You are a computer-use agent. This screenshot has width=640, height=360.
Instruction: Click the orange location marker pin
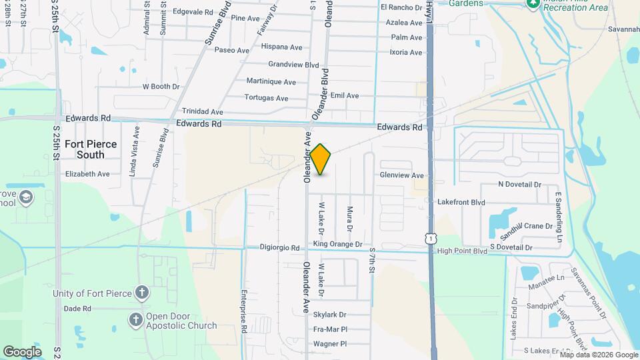(321, 159)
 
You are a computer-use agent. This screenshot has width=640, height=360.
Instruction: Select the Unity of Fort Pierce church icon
(141, 293)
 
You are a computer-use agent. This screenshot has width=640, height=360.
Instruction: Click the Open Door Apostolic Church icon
(135, 320)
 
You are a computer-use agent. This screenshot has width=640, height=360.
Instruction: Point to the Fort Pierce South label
(91, 149)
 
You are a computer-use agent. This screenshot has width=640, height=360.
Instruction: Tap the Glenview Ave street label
(401, 175)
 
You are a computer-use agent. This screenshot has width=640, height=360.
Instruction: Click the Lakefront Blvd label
(461, 202)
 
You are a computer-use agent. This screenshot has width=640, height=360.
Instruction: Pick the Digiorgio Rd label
(280, 248)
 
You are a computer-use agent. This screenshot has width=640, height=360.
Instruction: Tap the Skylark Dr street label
(330, 315)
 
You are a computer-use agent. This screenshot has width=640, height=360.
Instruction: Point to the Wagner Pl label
(330, 344)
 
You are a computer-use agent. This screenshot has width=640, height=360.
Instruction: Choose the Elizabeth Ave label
(87, 174)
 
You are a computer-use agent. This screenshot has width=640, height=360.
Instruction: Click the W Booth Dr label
(161, 87)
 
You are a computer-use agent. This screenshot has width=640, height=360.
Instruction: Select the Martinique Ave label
(271, 82)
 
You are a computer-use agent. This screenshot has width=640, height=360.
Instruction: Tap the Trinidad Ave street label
(203, 112)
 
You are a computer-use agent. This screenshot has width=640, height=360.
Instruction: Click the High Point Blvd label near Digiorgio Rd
(462, 251)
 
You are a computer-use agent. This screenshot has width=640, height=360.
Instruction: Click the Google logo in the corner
(22, 352)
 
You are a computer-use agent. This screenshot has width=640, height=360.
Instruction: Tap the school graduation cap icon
(25, 197)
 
